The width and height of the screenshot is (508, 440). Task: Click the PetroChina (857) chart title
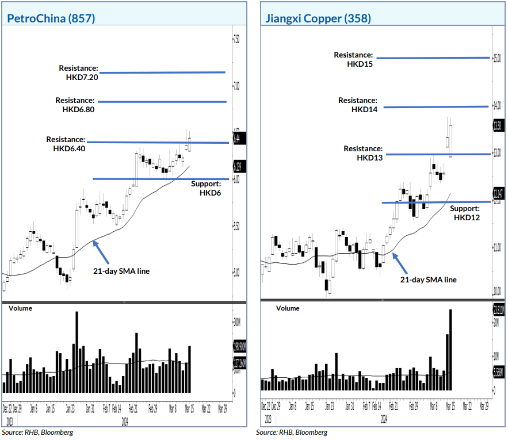click(x=51, y=18)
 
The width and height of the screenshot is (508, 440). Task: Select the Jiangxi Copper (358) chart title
click(x=318, y=18)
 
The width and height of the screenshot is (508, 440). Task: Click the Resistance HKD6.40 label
click(x=66, y=144)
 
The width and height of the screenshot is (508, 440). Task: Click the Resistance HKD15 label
click(x=354, y=59)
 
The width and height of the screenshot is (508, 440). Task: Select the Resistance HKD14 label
click(x=358, y=105)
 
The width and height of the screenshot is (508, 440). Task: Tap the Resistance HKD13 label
click(x=363, y=153)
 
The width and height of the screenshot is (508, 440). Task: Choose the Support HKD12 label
click(x=465, y=213)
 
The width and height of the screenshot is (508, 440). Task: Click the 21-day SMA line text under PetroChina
click(x=121, y=271)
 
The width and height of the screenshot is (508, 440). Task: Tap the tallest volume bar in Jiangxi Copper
click(x=450, y=350)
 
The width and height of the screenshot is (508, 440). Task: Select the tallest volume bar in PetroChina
click(x=77, y=351)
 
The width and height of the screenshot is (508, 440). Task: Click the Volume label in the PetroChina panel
click(x=20, y=308)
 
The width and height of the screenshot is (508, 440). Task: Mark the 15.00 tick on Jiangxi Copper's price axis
click(x=496, y=58)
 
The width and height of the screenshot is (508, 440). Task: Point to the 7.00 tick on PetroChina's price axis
click(x=236, y=86)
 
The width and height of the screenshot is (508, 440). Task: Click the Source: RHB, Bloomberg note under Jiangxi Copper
click(x=292, y=432)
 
